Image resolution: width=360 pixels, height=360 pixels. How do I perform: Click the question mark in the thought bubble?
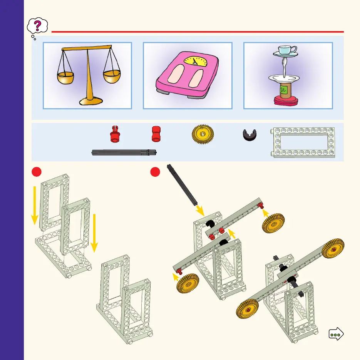click(37, 26)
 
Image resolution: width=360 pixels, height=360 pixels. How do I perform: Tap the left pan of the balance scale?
click(65, 78)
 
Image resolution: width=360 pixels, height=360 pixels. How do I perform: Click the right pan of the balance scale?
click(111, 76)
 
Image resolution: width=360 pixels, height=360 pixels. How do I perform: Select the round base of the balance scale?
click(91, 101)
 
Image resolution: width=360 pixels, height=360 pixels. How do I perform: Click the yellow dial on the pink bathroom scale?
click(194, 61)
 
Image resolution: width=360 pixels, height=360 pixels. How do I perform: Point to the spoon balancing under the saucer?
click(284, 67)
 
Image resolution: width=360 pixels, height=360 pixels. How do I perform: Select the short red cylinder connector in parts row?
click(156, 134)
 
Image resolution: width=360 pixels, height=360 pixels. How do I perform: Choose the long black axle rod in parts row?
click(124, 153)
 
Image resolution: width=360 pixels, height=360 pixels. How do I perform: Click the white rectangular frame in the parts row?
click(303, 142)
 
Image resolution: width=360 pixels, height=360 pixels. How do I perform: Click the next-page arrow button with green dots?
click(336, 334)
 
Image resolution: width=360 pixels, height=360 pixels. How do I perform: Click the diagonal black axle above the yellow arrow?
click(182, 184)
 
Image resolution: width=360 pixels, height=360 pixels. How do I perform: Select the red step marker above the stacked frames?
click(36, 172)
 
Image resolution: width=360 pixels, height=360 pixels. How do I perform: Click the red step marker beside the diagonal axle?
click(156, 172)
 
